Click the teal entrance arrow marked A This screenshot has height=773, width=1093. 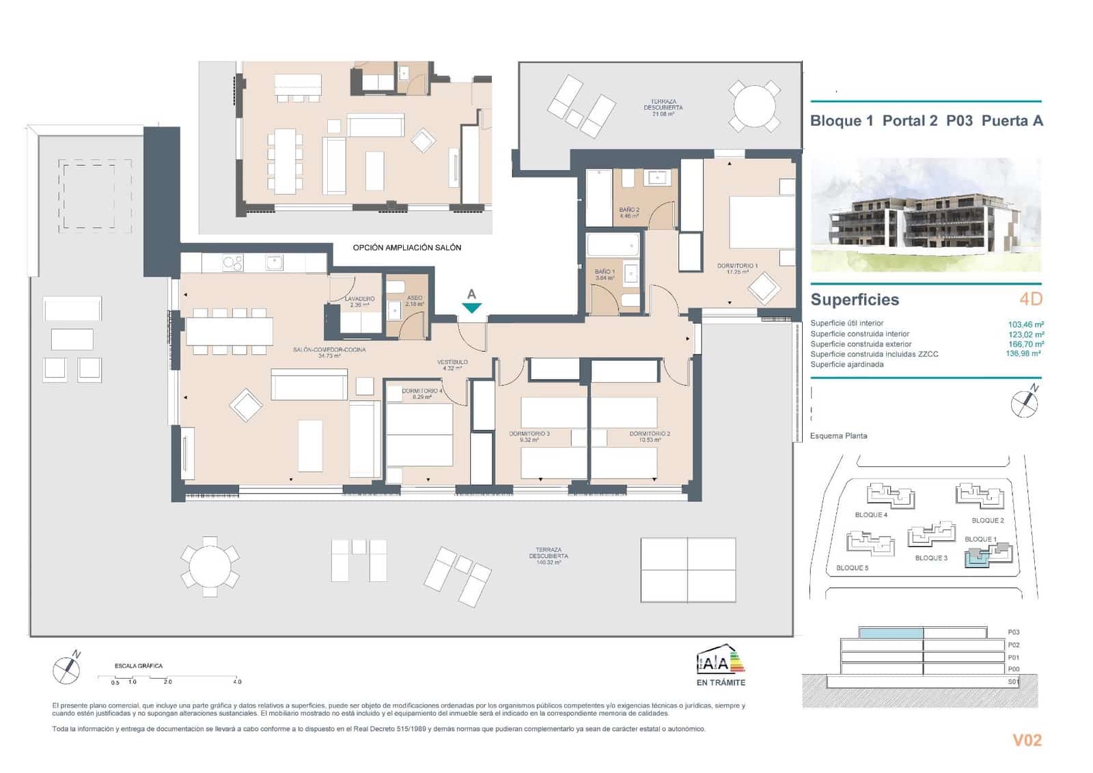pos(471,307)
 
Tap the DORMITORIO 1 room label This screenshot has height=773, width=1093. pos(737,266)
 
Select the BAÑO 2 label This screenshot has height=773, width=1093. pos(629,210)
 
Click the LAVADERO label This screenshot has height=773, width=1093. pos(359,299)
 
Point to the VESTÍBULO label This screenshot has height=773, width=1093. pos(452,362)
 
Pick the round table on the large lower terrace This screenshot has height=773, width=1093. pos(210,565)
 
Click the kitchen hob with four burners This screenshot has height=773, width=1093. pos(233,262)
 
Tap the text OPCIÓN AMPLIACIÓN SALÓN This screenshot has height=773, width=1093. pos(406,247)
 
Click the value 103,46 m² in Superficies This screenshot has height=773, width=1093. pos(1025,324)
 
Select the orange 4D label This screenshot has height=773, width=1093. pos(1030,298)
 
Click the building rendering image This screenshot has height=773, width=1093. pos(926,215)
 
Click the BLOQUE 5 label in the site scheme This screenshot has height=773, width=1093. pos(852,567)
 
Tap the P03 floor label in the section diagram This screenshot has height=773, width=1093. pos(1013,632)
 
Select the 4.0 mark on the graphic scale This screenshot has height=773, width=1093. pos(237,681)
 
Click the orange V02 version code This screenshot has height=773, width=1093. pos(1026,740)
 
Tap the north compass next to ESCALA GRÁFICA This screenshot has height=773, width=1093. pos(67,669)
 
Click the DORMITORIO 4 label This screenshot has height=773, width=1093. pos(421,391)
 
